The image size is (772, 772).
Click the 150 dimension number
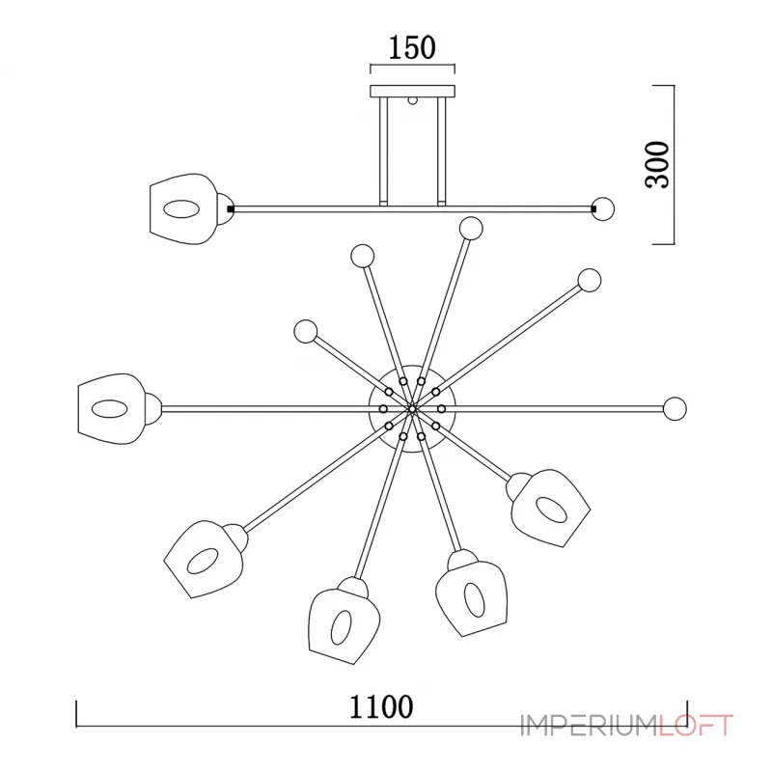tap(412, 47)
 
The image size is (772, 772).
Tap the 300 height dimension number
tap(657, 164)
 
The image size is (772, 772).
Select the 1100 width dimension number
tap(381, 707)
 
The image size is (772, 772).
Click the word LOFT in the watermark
tap(695, 726)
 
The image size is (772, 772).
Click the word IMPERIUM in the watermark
tap(590, 726)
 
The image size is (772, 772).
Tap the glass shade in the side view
tap(182, 208)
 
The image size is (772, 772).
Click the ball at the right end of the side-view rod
tap(603, 208)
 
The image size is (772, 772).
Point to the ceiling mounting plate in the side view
tap(412, 91)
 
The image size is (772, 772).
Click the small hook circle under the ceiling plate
tap(413, 100)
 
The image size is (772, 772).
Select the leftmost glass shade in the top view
tap(111, 408)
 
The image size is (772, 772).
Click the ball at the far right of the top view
tap(675, 408)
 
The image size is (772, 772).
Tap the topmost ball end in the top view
tap(471, 229)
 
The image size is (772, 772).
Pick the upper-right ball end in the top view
tap(590, 281)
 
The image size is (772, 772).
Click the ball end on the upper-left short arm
tap(306, 332)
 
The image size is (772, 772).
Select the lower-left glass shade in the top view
tap(203, 559)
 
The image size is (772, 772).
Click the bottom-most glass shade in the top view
tap(344, 622)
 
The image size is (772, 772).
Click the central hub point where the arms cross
tap(412, 408)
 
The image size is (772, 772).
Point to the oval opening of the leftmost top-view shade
tap(110, 408)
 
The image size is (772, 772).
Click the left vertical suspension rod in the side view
tap(383, 152)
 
